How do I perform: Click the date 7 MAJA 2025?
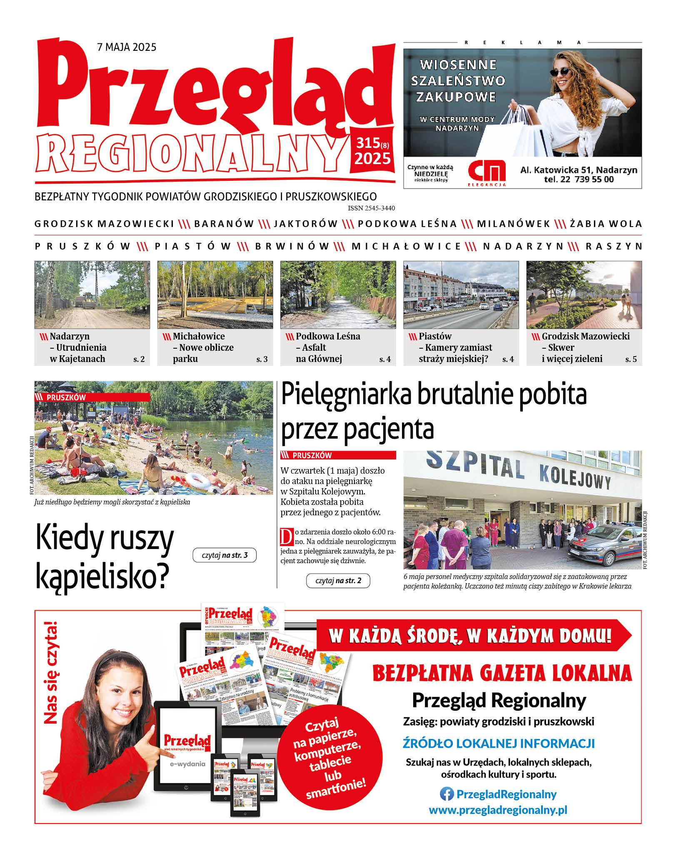(x=127, y=47)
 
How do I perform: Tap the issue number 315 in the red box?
(x=368, y=143)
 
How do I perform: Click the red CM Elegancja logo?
(x=487, y=171)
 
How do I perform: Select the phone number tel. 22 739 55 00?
(x=579, y=180)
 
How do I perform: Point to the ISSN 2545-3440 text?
(x=371, y=208)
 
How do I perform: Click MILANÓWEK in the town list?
(x=513, y=224)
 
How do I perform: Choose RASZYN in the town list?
(x=614, y=247)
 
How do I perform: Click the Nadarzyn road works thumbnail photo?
(x=92, y=295)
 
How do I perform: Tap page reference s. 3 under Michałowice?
(x=262, y=359)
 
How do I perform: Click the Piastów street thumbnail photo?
(x=461, y=295)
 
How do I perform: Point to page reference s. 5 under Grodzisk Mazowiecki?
(x=631, y=359)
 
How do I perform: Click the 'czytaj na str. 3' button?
(x=225, y=555)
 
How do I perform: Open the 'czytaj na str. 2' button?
(x=338, y=581)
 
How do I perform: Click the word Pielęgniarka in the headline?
(x=347, y=394)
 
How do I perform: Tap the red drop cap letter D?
(x=287, y=537)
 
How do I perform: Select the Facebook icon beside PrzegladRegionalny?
(x=447, y=794)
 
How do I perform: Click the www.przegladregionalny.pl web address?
(x=498, y=810)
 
